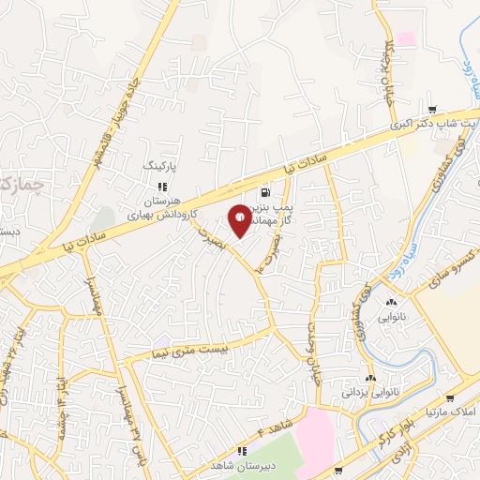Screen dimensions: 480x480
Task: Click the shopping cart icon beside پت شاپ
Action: (431, 109)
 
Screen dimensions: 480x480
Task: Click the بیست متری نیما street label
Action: (189, 350)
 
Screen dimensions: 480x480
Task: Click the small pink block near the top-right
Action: (406, 38)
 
